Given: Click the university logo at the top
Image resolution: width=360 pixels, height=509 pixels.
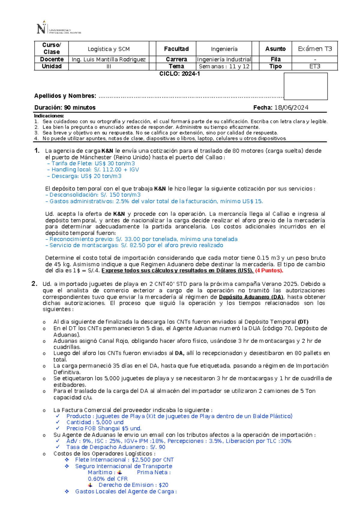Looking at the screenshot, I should (x=58, y=28).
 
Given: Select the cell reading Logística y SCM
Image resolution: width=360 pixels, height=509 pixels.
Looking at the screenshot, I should (x=109, y=49).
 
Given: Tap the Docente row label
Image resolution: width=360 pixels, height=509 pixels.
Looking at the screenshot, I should (x=52, y=59).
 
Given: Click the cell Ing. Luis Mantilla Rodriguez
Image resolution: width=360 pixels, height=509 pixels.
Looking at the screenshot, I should (x=109, y=59).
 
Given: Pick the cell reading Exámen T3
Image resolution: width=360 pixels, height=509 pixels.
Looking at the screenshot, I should (x=315, y=49).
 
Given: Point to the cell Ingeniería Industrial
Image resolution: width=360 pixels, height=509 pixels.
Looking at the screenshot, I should (x=224, y=59).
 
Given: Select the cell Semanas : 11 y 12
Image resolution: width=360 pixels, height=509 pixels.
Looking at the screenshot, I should (x=224, y=66).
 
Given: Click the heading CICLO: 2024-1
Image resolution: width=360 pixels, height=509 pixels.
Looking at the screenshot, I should (x=179, y=74).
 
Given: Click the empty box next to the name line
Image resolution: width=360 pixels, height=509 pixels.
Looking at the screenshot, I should (x=305, y=86).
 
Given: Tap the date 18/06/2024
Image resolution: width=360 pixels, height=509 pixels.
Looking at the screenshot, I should (x=291, y=108).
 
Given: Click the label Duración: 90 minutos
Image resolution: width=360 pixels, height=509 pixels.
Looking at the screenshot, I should (x=65, y=108).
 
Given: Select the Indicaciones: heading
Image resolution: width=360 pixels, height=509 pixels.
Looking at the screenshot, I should (x=49, y=116).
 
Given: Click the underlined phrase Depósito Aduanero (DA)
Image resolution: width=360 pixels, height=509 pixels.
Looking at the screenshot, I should (x=251, y=297).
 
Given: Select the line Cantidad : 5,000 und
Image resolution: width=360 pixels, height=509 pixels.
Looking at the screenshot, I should (x=95, y=422).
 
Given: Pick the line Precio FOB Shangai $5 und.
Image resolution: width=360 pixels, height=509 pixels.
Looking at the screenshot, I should (x=104, y=428).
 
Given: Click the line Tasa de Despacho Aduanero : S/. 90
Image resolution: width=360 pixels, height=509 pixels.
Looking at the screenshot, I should (x=116, y=447).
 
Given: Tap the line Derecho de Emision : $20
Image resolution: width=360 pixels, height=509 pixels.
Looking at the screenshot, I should (x=133, y=485).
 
